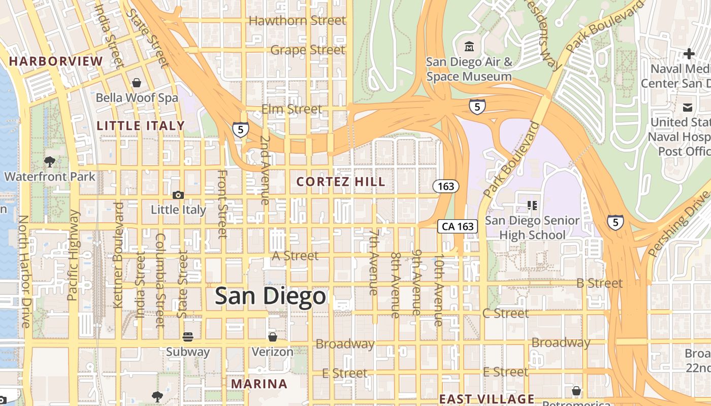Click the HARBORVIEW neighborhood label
pyautogui.click(x=56, y=61)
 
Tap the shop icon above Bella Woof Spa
pyautogui.click(x=137, y=83)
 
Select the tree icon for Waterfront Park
pyautogui.click(x=49, y=162)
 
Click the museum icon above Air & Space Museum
pyautogui.click(x=469, y=47)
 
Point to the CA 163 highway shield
pyautogui.click(x=458, y=226)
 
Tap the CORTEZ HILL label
pyautogui.click(x=341, y=182)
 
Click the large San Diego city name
pyautogui.click(x=270, y=296)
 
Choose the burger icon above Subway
pyautogui.click(x=188, y=337)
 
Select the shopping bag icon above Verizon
pyautogui.click(x=273, y=337)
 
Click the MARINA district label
pyautogui.click(x=259, y=384)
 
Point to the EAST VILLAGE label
pyautogui.click(x=487, y=399)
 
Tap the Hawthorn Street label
pyautogui.click(x=297, y=21)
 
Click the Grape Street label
pyautogui.click(x=308, y=50)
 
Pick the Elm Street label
pyautogui.click(x=292, y=109)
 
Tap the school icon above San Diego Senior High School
pyautogui.click(x=532, y=206)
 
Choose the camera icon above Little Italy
pyautogui.click(x=178, y=195)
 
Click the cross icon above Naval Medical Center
pyautogui.click(x=689, y=53)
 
